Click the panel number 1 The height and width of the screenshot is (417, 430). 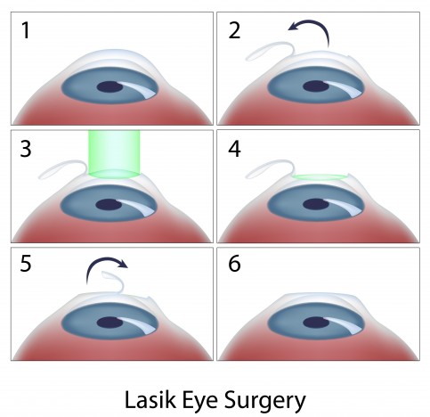point(26,30)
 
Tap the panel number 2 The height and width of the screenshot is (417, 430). point(234,31)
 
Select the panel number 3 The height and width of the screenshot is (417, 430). point(26,149)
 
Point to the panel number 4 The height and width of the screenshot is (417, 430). point(234,149)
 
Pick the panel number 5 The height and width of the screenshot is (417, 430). point(26,263)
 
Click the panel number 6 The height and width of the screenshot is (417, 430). point(234,263)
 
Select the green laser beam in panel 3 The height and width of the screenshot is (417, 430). point(114,154)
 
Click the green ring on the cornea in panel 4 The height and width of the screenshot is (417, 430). point(320,177)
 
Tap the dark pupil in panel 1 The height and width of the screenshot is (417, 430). point(110,87)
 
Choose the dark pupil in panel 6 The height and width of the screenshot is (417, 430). point(316,323)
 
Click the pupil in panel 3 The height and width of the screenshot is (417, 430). point(109,205)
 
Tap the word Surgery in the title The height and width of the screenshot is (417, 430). point(265,402)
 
